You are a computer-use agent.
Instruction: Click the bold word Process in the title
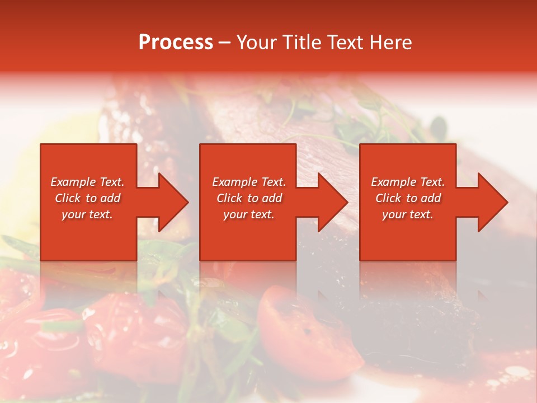(176, 43)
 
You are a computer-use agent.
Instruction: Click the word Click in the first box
(68, 198)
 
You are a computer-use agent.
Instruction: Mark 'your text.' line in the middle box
(249, 214)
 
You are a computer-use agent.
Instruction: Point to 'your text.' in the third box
(408, 214)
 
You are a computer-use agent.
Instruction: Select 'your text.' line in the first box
(87, 214)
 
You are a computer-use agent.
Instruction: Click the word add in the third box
(430, 198)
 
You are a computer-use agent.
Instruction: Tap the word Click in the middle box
(229, 198)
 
